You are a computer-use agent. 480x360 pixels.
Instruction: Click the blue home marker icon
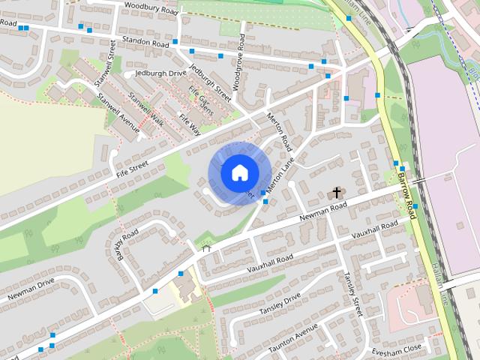238,172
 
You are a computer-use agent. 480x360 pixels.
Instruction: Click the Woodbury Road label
151,9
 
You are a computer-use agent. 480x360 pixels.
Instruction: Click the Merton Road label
278,131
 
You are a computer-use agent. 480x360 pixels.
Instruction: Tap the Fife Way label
189,123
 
